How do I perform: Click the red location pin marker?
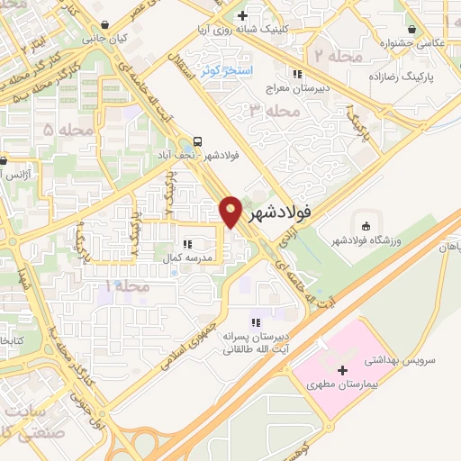click(231, 211)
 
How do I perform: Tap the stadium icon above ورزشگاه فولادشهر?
click(365, 224)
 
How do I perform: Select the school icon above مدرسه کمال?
click(187, 244)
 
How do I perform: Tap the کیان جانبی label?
click(105, 40)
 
